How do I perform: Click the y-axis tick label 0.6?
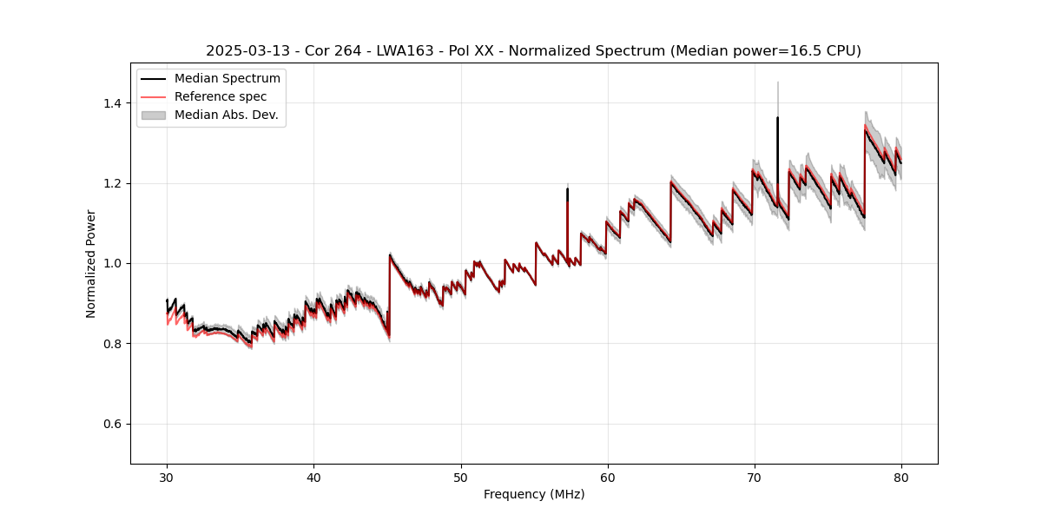[x=113, y=424]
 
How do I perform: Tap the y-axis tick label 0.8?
[x=113, y=344]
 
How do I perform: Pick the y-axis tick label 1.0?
[x=113, y=263]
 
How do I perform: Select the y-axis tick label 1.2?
[x=113, y=183]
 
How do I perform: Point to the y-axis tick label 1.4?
[x=113, y=103]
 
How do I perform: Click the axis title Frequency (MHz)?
[x=534, y=494]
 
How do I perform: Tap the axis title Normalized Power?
[x=91, y=263]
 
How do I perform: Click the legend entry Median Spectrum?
[x=227, y=79]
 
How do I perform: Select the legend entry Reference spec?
[x=221, y=96]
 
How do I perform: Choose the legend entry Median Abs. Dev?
[x=226, y=115]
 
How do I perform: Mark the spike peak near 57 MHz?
[x=567, y=188]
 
